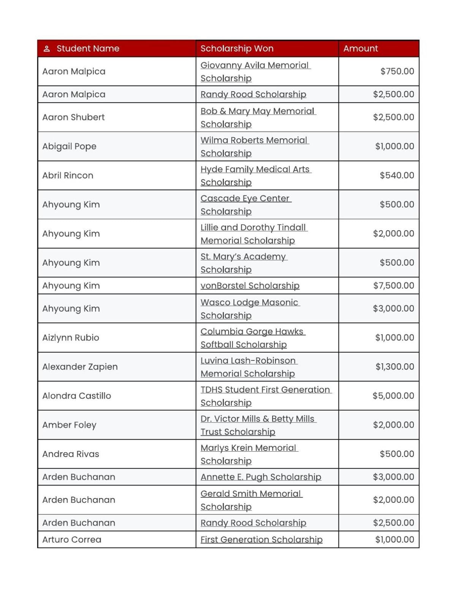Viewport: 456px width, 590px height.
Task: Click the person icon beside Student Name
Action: [x=47, y=49]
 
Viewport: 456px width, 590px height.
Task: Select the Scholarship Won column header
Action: [x=237, y=49]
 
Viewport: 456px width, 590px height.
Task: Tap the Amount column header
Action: [x=360, y=49]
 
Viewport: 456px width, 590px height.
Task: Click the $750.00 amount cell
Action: [x=397, y=71]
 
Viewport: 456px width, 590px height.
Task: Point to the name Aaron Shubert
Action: [x=73, y=117]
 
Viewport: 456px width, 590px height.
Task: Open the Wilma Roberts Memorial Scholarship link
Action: [x=254, y=147]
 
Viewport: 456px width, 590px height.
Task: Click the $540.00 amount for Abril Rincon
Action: [x=397, y=176]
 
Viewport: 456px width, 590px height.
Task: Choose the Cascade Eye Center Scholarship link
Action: [x=245, y=205]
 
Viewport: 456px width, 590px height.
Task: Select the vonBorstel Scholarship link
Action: [x=250, y=286]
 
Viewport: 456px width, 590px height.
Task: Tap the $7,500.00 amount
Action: [x=393, y=286]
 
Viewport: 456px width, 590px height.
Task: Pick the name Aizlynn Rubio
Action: [x=71, y=338]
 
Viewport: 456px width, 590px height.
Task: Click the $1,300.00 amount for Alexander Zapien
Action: [x=394, y=367]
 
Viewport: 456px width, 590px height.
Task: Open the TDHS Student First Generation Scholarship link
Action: [x=265, y=396]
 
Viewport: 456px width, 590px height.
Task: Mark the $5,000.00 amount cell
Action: [x=393, y=396]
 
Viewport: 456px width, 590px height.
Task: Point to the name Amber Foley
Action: [x=69, y=425]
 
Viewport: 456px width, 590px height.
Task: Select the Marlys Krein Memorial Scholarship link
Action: [x=249, y=454]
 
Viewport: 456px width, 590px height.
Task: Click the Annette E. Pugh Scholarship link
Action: [x=261, y=477]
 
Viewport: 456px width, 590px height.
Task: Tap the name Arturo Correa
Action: [x=72, y=540]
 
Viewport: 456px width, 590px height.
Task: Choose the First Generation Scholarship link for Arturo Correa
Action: [x=261, y=540]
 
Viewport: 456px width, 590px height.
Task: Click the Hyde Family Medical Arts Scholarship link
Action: [x=255, y=176]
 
